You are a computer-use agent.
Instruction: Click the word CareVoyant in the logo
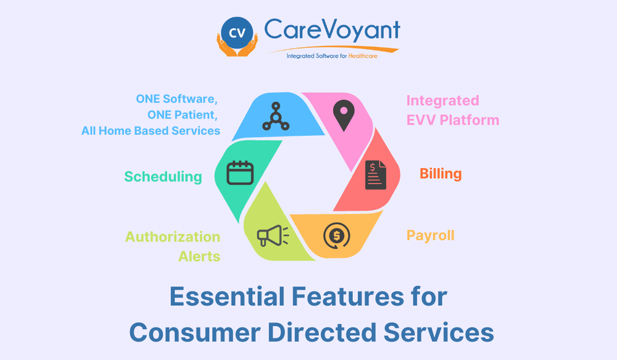tap(331, 30)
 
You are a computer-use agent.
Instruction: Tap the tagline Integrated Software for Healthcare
tap(331, 56)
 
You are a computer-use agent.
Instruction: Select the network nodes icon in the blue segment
tap(271, 116)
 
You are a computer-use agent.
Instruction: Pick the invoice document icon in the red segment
tap(375, 175)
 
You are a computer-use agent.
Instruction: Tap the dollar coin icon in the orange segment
tap(336, 235)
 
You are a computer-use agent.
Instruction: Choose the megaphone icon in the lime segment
tap(272, 235)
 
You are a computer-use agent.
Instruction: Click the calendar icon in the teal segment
tap(240, 173)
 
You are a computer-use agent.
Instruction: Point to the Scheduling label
tap(163, 177)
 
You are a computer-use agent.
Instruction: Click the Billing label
tap(441, 174)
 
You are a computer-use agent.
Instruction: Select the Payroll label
tap(430, 235)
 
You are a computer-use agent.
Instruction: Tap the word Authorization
tap(173, 237)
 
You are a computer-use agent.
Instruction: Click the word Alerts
tap(199, 256)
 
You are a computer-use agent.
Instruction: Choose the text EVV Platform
tap(452, 120)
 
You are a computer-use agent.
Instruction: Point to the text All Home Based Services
tap(151, 131)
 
